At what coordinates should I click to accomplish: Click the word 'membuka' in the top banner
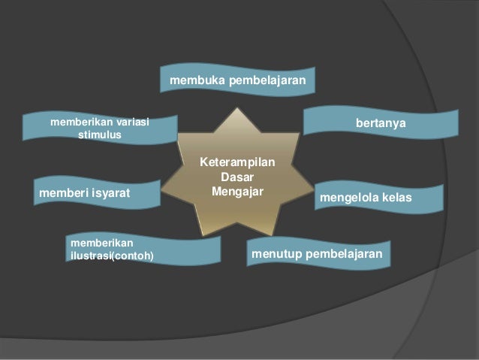click(x=194, y=79)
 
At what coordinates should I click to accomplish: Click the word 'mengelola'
click(x=349, y=197)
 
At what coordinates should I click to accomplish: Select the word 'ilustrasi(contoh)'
click(x=111, y=256)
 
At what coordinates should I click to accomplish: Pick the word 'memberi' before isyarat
click(x=60, y=193)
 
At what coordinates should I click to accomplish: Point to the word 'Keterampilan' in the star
click(x=236, y=162)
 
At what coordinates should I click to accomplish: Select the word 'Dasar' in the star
click(x=236, y=177)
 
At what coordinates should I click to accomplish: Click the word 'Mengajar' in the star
click(x=236, y=191)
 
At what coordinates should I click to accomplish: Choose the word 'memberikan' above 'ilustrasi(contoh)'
click(x=101, y=243)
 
